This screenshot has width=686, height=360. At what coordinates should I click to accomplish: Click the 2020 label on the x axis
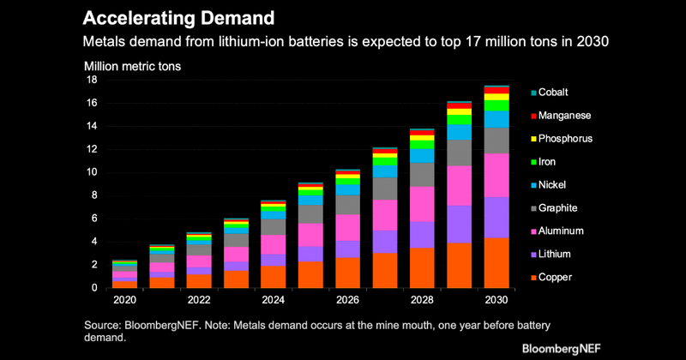[x=124, y=301]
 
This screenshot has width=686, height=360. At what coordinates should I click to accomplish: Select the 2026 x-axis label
[x=347, y=301]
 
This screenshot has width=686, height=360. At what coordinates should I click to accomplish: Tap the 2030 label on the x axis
[x=496, y=301]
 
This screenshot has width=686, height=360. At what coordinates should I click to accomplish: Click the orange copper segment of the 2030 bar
[x=496, y=263]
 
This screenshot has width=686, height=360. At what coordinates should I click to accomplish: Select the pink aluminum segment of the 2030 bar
[x=496, y=175]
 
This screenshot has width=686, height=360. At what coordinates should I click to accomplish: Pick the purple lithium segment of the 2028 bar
[x=421, y=235]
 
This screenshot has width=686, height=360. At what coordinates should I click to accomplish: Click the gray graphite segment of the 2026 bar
[x=347, y=205]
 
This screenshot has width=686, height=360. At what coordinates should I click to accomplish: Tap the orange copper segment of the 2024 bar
[x=273, y=277]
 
